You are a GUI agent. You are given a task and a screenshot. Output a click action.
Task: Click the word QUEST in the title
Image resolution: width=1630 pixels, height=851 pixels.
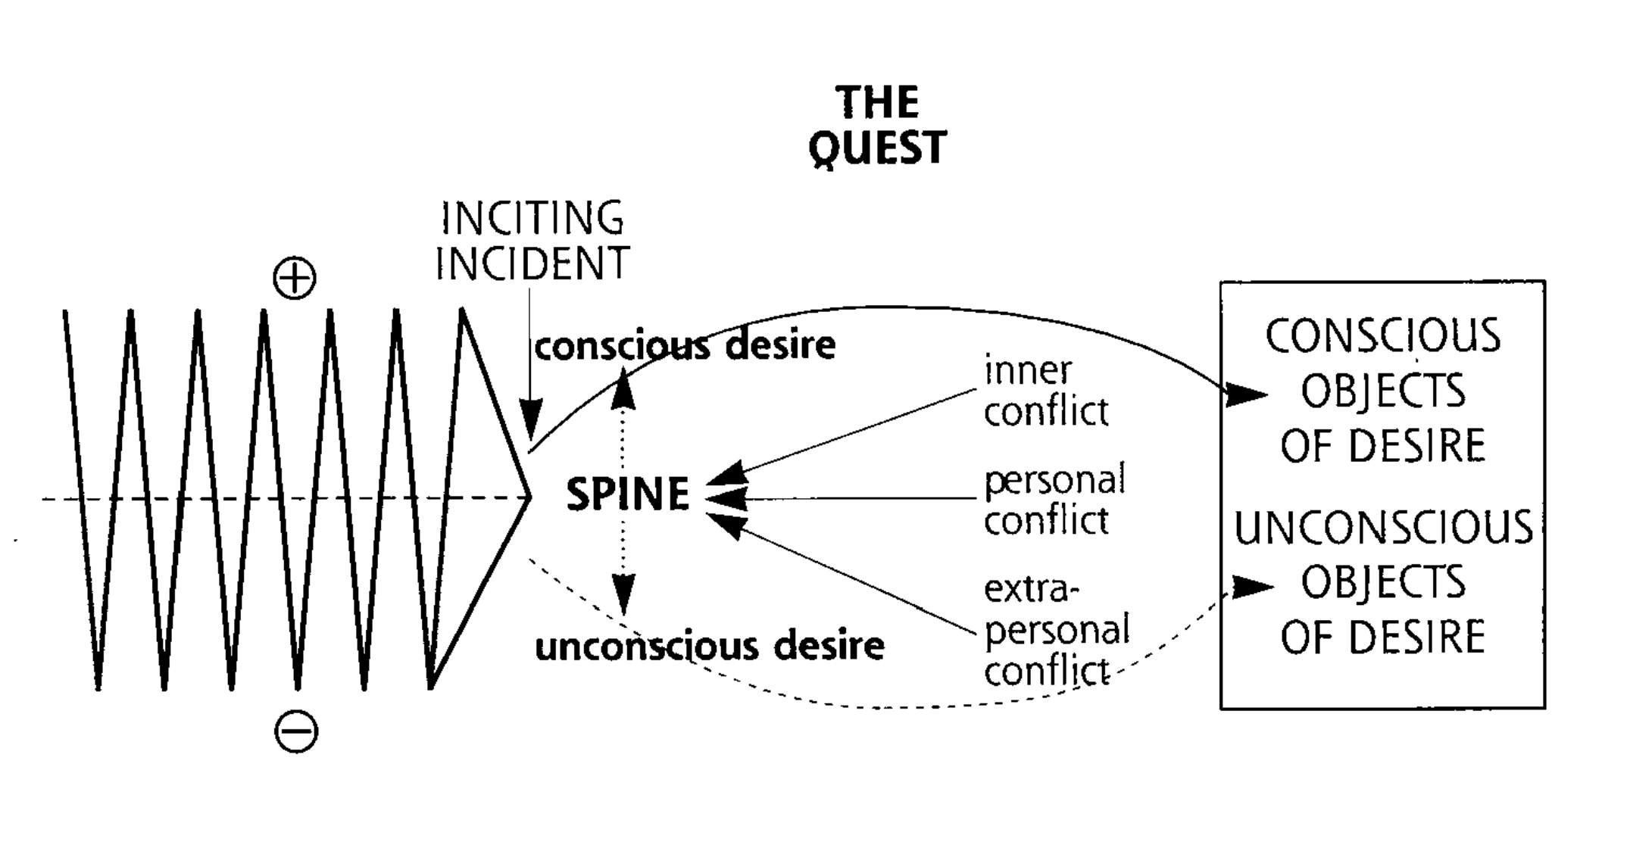click(877, 147)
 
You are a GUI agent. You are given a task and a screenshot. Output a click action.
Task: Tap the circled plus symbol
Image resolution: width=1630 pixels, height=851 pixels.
click(295, 279)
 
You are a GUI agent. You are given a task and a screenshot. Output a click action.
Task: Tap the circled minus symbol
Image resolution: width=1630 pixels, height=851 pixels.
click(296, 732)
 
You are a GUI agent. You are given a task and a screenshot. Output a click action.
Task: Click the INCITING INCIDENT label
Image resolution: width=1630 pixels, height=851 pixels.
click(532, 240)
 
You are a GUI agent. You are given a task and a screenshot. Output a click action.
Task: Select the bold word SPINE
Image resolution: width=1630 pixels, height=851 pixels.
click(628, 495)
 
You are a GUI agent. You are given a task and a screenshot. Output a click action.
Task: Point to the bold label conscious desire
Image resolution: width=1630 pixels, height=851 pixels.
click(685, 346)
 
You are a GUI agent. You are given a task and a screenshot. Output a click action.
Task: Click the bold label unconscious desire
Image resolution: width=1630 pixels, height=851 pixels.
click(710, 647)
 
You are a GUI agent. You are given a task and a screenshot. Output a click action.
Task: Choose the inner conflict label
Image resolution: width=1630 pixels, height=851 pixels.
click(1045, 391)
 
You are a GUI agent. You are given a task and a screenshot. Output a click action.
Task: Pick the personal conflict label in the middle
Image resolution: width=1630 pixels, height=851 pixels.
click(1054, 500)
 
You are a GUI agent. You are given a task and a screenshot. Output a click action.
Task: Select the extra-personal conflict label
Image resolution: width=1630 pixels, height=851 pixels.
click(1056, 631)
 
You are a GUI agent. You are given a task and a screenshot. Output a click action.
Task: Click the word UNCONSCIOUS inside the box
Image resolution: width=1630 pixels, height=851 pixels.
click(1383, 528)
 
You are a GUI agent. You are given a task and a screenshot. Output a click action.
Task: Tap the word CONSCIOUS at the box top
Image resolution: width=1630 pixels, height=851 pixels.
click(1383, 336)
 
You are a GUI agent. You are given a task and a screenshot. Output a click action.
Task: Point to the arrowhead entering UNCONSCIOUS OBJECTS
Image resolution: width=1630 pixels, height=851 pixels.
click(1252, 587)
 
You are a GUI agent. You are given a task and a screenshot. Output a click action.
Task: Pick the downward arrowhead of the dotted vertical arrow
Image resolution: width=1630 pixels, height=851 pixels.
click(623, 594)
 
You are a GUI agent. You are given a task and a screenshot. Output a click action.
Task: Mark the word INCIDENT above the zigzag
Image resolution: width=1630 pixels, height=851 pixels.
click(532, 263)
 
